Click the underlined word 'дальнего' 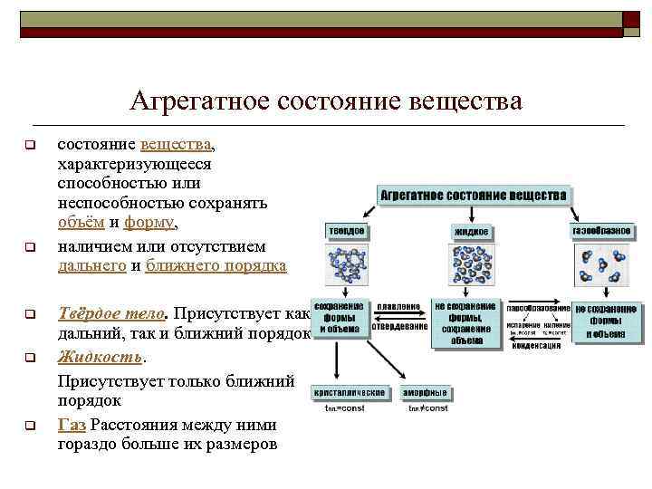tap(91, 266)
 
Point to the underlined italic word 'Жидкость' tap(100, 358)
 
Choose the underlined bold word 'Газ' tap(72, 425)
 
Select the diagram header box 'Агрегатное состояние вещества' tap(475, 196)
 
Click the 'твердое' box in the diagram tap(346, 232)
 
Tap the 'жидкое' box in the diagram tap(471, 233)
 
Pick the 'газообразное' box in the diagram tap(600, 232)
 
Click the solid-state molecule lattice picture tap(347, 267)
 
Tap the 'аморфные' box tap(427, 393)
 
